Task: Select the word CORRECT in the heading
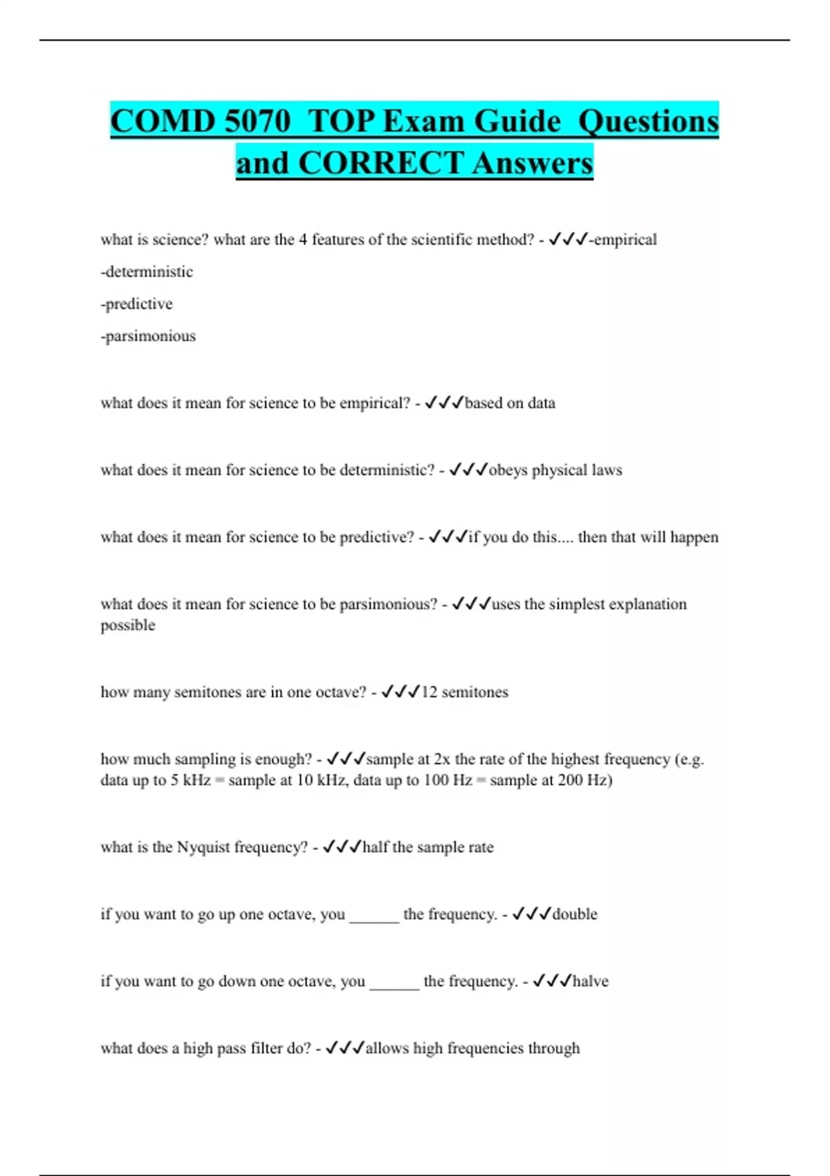coord(380,164)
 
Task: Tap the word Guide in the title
coord(517,122)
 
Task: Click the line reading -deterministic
coord(147,272)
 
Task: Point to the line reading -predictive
coord(137,304)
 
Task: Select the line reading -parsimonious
coord(148,336)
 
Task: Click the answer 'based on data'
coord(510,403)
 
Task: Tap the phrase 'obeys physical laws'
coord(555,470)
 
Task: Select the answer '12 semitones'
coord(465,692)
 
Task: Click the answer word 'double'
coord(575,915)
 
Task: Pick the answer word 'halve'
coord(591,982)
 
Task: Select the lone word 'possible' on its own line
coord(128,625)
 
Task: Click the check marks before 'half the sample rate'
coord(342,847)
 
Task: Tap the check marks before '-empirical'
coord(568,240)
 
